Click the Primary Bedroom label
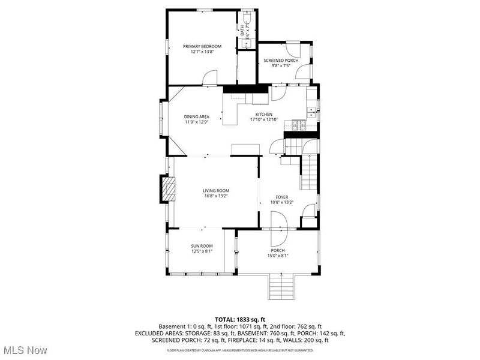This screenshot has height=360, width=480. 202,46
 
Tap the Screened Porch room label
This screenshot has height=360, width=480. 281,61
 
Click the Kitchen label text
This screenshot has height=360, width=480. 264,114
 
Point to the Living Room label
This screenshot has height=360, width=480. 215,190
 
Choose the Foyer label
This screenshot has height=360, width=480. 282,197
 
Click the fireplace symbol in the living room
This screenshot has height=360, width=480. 169,190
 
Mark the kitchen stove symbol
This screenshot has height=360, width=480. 298,125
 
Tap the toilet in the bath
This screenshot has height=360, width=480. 247,15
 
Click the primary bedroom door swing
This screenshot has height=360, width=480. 209,77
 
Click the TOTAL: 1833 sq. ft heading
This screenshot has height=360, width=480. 239,319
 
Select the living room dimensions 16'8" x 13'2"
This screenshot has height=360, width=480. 215,196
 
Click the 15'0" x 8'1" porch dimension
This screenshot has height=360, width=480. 277,256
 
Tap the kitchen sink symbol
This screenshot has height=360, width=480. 311,110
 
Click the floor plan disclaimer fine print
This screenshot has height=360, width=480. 239,349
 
